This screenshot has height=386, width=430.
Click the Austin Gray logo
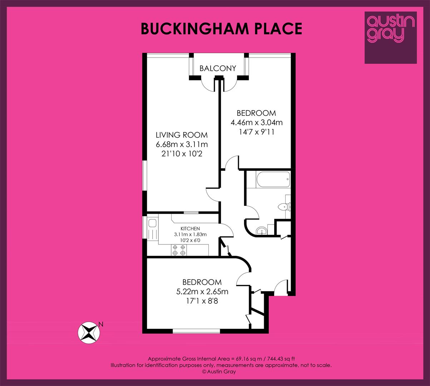coord(391,38)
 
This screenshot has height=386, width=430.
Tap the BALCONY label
coord(218,68)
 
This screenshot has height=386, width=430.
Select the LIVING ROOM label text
coord(182,135)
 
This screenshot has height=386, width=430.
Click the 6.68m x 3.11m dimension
coord(182,144)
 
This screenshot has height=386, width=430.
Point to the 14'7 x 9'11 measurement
coord(256,132)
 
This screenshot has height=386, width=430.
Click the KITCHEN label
coord(190,228)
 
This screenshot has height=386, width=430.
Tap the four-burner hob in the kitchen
coord(179,250)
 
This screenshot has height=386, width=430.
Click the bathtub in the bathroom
coord(273,179)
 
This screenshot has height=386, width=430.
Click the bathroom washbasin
coord(262,231)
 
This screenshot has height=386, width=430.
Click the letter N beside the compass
coord(101,324)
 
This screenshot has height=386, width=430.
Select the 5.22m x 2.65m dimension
coord(202,292)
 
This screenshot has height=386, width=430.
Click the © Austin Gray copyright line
coord(219,372)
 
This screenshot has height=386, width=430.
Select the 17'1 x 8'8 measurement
coord(202,301)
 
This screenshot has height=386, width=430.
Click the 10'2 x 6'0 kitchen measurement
coord(191,240)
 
